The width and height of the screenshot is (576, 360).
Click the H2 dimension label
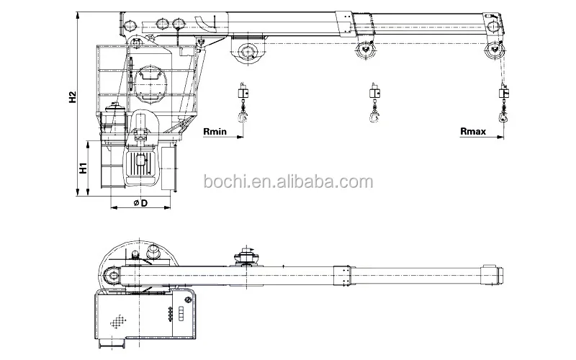pos(73,97)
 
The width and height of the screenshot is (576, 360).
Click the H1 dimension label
pos(84,168)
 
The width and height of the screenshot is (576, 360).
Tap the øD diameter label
pos(140,203)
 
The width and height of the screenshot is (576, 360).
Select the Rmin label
pos(215,132)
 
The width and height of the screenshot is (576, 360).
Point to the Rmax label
pos(473,131)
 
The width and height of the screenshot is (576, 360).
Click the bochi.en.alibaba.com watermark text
pos(289,182)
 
